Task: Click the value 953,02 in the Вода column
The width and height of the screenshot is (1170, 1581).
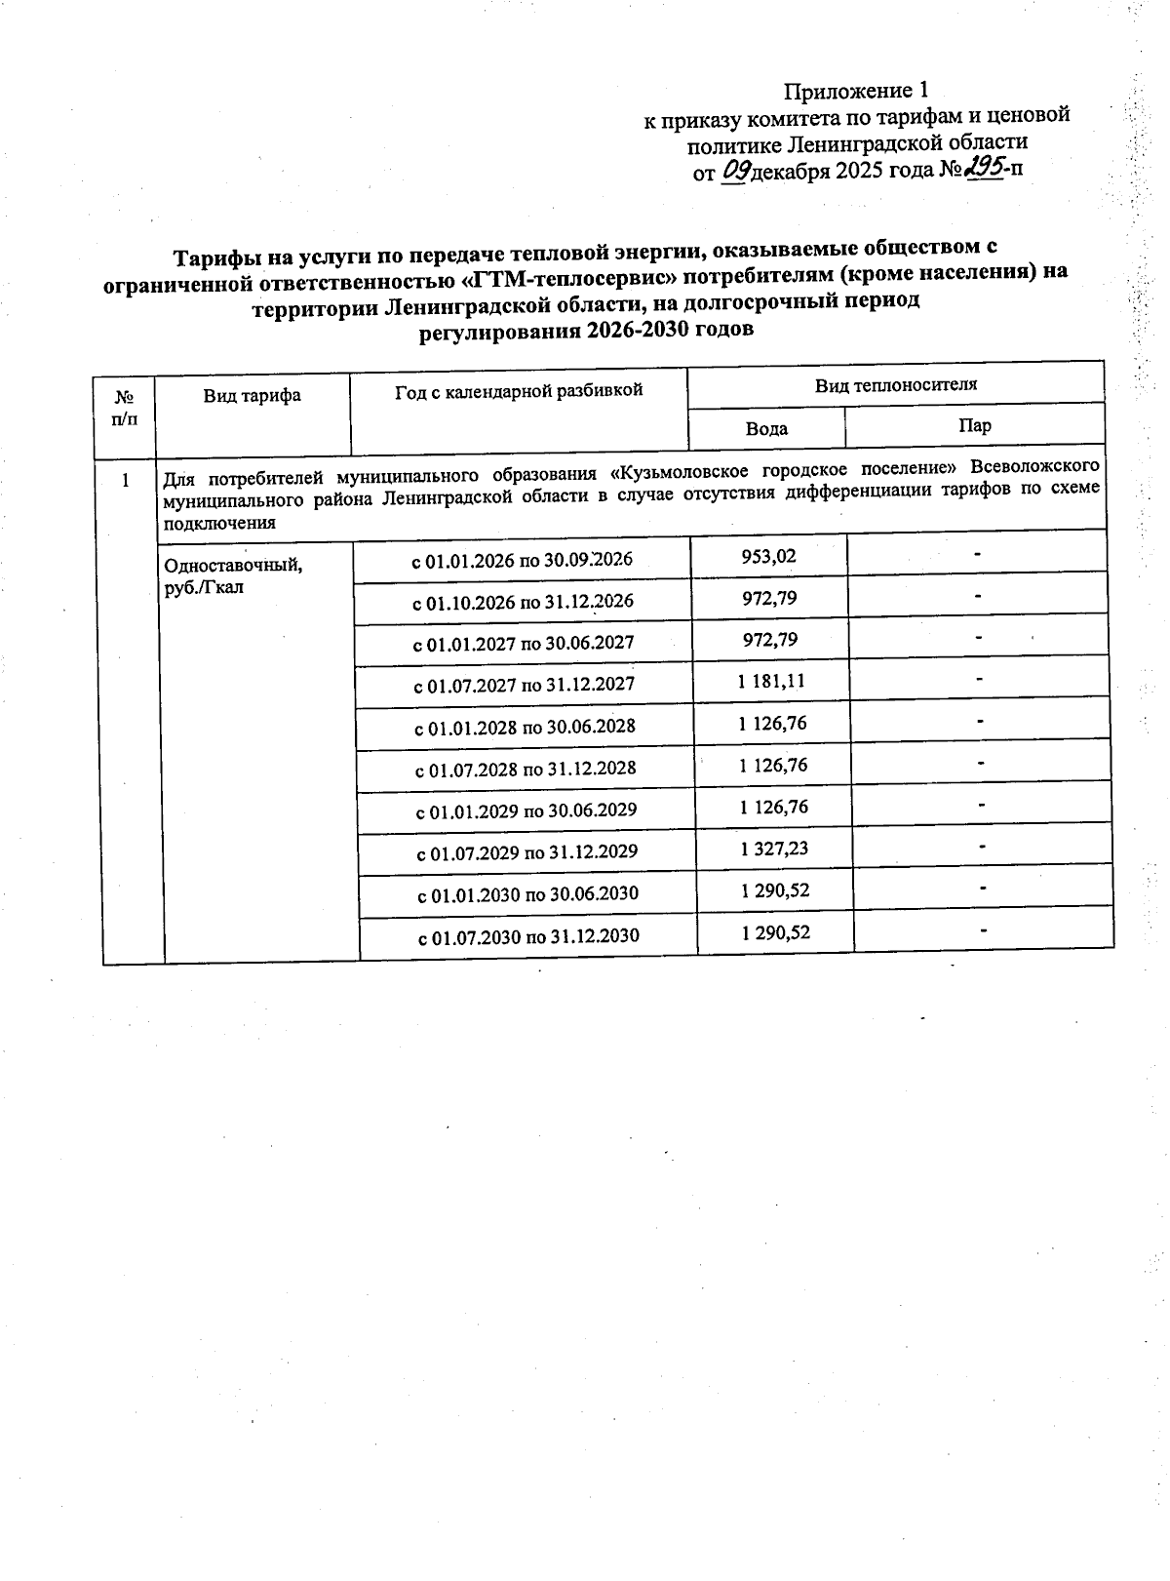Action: (x=768, y=556)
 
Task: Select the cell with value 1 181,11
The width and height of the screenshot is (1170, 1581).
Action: (x=771, y=681)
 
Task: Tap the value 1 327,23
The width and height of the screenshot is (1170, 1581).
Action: (x=774, y=849)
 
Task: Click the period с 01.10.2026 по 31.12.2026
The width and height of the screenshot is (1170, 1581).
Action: (x=523, y=601)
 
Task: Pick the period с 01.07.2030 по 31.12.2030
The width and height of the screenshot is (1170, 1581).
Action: (x=528, y=936)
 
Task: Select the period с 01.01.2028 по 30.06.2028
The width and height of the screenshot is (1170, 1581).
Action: (x=526, y=727)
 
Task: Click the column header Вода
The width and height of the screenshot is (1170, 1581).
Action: (x=766, y=428)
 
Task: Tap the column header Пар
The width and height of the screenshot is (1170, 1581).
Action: (x=975, y=425)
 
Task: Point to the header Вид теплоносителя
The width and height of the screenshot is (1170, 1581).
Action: (x=895, y=384)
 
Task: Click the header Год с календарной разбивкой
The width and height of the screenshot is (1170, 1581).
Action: (x=519, y=391)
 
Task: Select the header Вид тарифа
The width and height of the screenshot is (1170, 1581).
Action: (x=252, y=395)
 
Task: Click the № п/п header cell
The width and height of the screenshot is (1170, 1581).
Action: (x=125, y=408)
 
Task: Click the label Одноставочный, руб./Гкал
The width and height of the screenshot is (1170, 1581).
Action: (x=234, y=575)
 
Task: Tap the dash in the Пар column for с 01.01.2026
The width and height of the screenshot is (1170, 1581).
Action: (x=976, y=554)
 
